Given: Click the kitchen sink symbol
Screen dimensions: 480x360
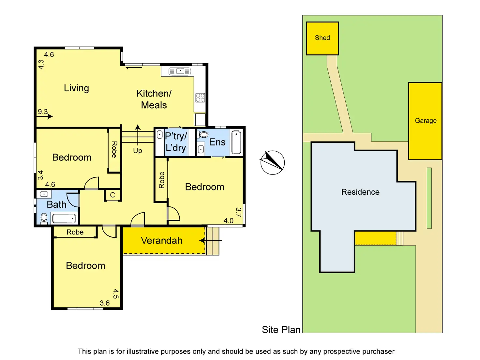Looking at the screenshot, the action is pyautogui.click(x=180, y=71).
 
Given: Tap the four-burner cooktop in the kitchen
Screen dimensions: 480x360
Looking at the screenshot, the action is pyautogui.click(x=200, y=98).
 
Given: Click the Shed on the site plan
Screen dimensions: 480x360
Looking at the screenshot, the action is pyautogui.click(x=322, y=38).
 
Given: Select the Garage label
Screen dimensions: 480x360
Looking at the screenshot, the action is pyautogui.click(x=426, y=121).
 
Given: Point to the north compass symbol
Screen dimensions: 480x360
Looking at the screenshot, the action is pyautogui.click(x=273, y=162).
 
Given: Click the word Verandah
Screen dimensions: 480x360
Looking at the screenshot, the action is pyautogui.click(x=161, y=241).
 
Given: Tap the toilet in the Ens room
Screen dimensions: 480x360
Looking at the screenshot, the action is pyautogui.click(x=204, y=134).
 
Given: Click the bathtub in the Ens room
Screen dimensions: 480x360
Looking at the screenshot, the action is pyautogui.click(x=236, y=142).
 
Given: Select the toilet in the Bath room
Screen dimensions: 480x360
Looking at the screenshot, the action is pyautogui.click(x=44, y=217).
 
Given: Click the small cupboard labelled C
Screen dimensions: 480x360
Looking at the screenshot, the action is pyautogui.click(x=112, y=195).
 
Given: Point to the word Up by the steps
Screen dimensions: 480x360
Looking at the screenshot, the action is pyautogui.click(x=138, y=151).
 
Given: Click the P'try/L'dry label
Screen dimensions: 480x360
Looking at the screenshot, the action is pyautogui.click(x=176, y=142).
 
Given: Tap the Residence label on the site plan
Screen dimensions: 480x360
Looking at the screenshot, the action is pyautogui.click(x=360, y=192).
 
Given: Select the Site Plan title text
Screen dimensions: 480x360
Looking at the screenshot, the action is pyautogui.click(x=281, y=330).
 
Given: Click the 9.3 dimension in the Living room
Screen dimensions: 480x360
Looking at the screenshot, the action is pyautogui.click(x=43, y=112).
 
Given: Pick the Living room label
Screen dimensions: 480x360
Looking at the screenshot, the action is pyautogui.click(x=76, y=88).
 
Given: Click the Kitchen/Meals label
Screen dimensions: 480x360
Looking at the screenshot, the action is pyautogui.click(x=154, y=99).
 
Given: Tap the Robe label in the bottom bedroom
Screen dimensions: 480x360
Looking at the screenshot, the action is pyautogui.click(x=75, y=232).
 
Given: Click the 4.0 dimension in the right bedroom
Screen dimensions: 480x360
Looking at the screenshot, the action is pyautogui.click(x=228, y=221).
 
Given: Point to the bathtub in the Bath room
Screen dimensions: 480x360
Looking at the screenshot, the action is pyautogui.click(x=64, y=218).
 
